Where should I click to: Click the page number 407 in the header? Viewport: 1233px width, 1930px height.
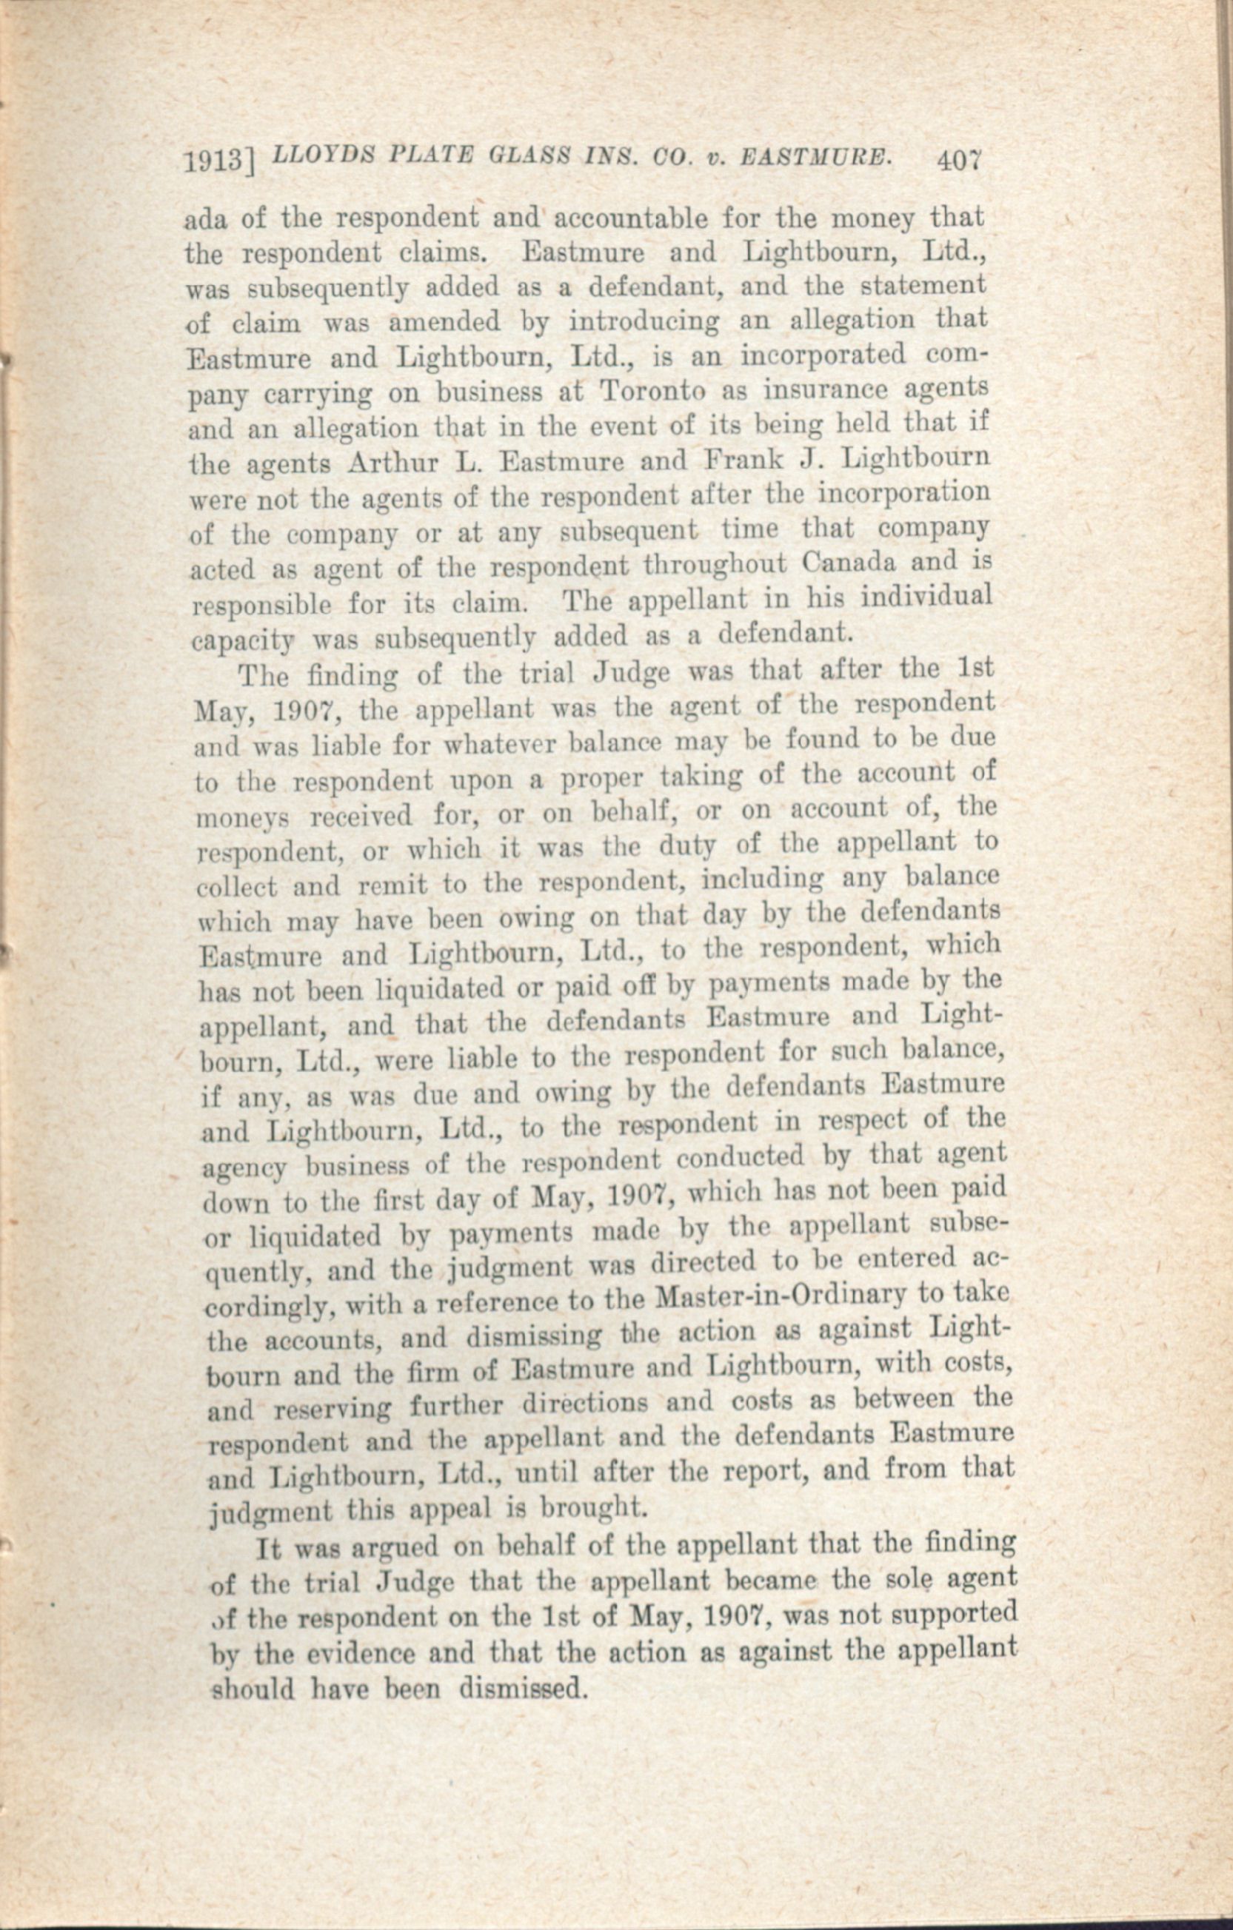coord(959,161)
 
